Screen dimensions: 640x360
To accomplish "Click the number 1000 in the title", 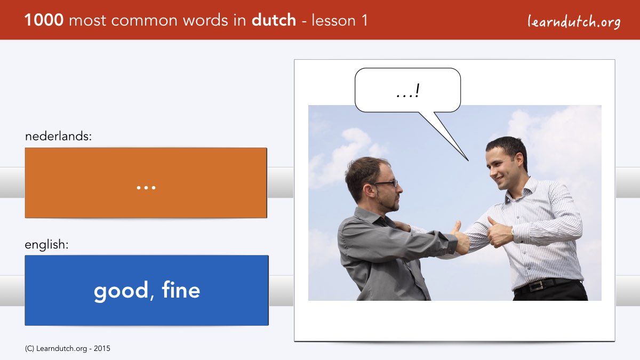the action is [x=44, y=20].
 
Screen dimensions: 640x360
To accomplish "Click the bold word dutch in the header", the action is [x=274, y=20].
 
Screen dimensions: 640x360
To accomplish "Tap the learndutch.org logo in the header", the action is [x=574, y=21].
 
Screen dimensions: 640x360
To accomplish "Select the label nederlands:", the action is [x=58, y=137].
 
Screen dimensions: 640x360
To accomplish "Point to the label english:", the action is [x=46, y=245].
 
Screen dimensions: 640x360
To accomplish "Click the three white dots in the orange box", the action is [x=146, y=188].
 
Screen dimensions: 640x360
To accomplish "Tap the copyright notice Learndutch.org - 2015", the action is [x=67, y=349].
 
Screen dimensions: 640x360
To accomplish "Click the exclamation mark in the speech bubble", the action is [x=418, y=90].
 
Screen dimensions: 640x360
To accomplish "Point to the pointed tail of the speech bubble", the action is [x=468, y=161].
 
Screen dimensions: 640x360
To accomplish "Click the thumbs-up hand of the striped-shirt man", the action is [x=499, y=233].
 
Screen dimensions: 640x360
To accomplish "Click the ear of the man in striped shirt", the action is [x=518, y=161].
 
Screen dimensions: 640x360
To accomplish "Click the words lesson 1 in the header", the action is [x=339, y=20].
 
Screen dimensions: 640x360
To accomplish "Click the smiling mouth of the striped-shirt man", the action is [x=500, y=179].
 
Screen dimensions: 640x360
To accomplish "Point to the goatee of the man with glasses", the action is [x=395, y=205].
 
